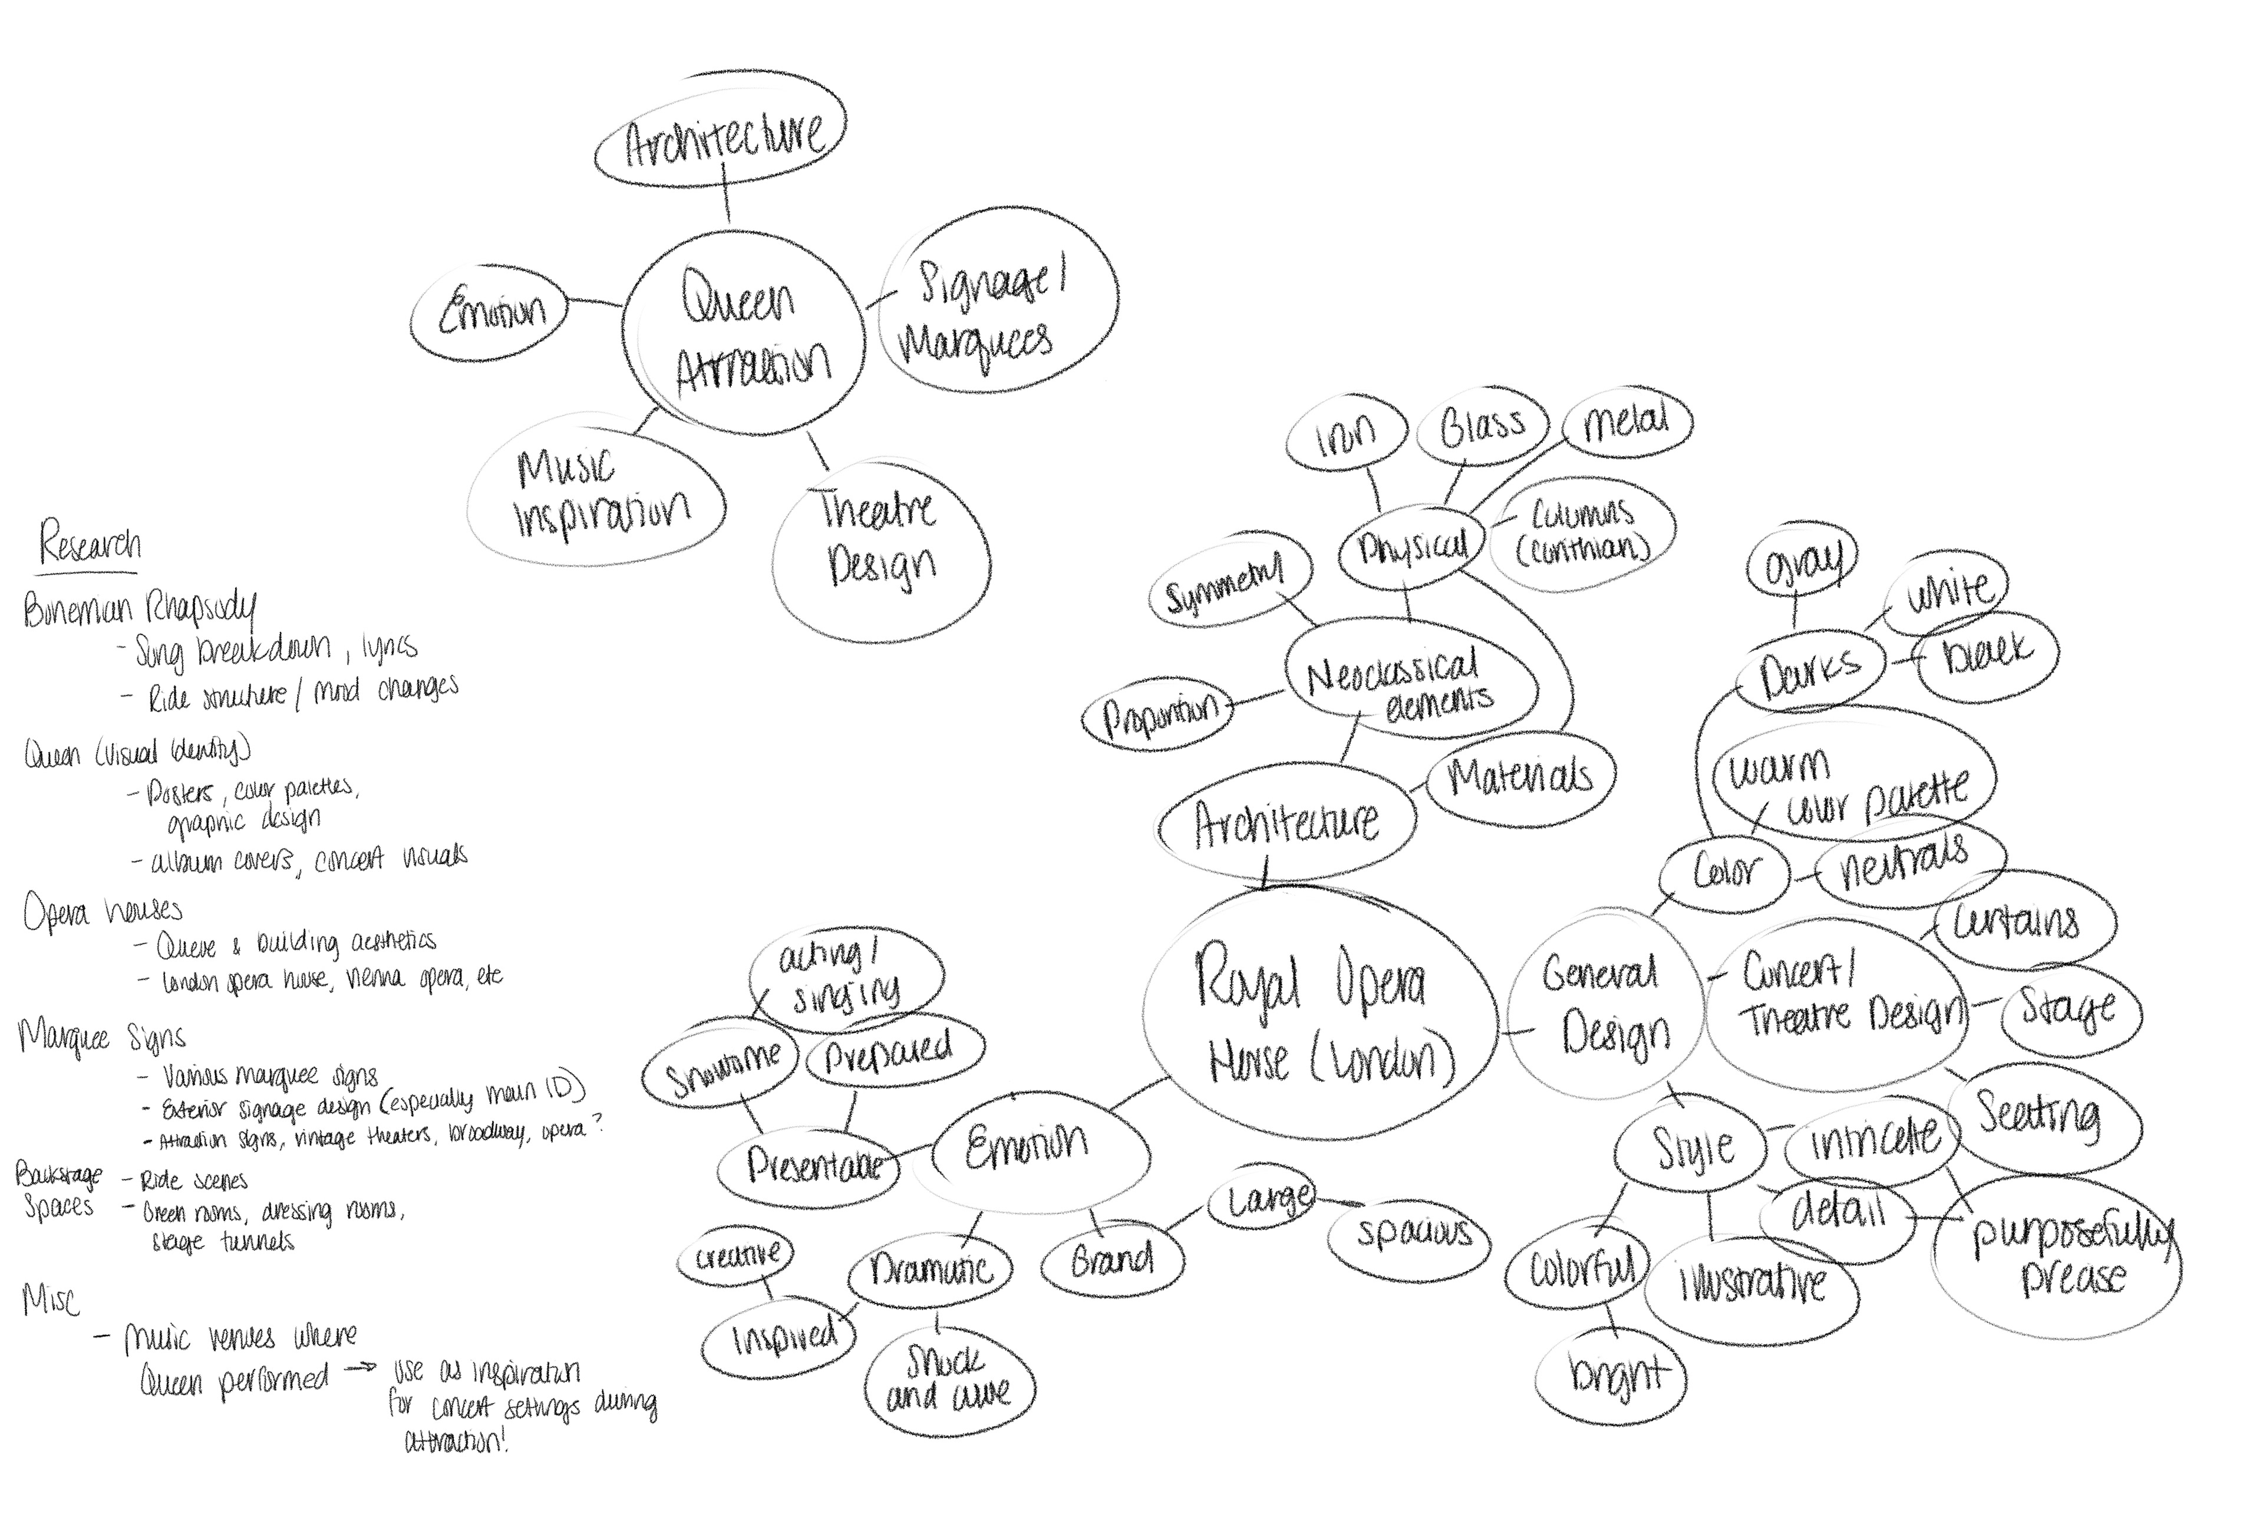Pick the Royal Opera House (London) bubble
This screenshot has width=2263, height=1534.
coord(1319,1013)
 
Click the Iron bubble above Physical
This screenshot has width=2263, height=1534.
coord(1347,436)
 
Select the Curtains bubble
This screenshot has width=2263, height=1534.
coord(2021,921)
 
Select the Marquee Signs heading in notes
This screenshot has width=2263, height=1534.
coord(102,1037)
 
